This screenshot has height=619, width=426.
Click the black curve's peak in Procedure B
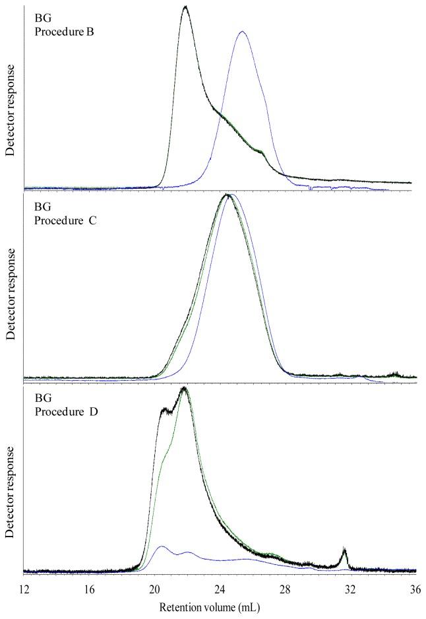click(x=185, y=7)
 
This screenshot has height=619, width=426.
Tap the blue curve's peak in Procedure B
click(x=243, y=31)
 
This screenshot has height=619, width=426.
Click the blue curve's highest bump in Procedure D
click(x=160, y=546)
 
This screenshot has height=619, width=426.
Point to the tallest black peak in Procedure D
click(x=184, y=388)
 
